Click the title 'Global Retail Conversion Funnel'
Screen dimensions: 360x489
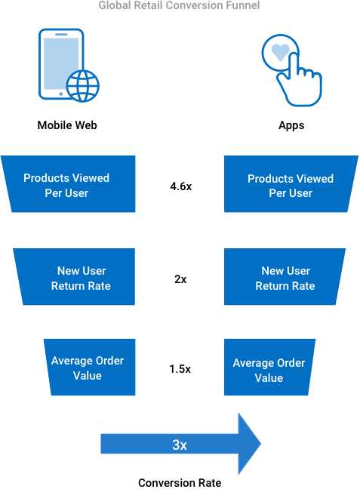pyautogui.click(x=179, y=5)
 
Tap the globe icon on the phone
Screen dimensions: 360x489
pyautogui.click(x=83, y=86)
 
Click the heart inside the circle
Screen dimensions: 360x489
pyautogui.click(x=281, y=51)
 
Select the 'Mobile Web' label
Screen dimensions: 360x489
pyautogui.click(x=67, y=125)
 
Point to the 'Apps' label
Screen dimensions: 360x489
pyautogui.click(x=291, y=125)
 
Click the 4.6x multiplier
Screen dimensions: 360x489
pyautogui.click(x=181, y=186)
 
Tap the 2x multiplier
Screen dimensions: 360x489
pyautogui.click(x=180, y=278)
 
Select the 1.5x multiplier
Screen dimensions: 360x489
pyautogui.click(x=180, y=369)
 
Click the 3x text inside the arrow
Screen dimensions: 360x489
pyautogui.click(x=180, y=444)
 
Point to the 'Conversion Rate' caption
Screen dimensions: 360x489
pyautogui.click(x=180, y=483)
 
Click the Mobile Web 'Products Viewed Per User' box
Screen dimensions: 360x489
pyautogui.click(x=69, y=184)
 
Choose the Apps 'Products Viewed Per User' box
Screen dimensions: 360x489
pyautogui.click(x=291, y=184)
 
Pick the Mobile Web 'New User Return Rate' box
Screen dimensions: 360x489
pyautogui.click(x=75, y=277)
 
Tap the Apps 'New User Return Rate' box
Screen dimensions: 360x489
pyautogui.click(x=285, y=277)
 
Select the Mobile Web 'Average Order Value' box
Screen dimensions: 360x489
pyautogui.click(x=90, y=367)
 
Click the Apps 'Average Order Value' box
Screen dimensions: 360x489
pyautogui.click(x=269, y=367)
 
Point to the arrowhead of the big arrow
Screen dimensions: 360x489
pyautogui.click(x=260, y=444)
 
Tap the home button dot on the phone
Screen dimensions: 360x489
pyautogui.click(x=61, y=94)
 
